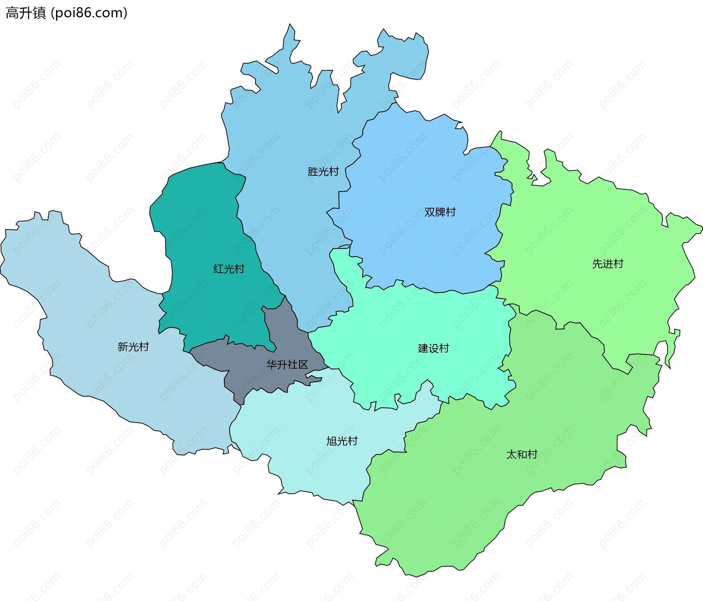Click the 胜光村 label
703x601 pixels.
pos(323,171)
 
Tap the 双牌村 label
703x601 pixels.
pos(440,212)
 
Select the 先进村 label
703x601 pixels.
pos(607,264)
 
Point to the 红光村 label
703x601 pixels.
pos(229,269)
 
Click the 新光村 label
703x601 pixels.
pos(133,347)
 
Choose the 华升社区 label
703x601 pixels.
pos(287,365)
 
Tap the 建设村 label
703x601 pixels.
pos(433,348)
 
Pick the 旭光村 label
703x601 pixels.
pos(342,441)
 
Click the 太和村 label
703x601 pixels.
pos(521,454)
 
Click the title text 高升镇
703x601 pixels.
pos(26,13)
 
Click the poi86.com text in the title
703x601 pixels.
pos(89,13)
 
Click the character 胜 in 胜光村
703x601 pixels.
pos(313,171)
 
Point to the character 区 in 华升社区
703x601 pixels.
pos(303,365)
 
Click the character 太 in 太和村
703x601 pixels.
pos(511,454)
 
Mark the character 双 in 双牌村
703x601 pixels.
pos(429,212)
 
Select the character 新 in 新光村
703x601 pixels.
pos(123,347)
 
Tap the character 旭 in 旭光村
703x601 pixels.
pos(331,441)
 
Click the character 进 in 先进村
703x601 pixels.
pos(607,264)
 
